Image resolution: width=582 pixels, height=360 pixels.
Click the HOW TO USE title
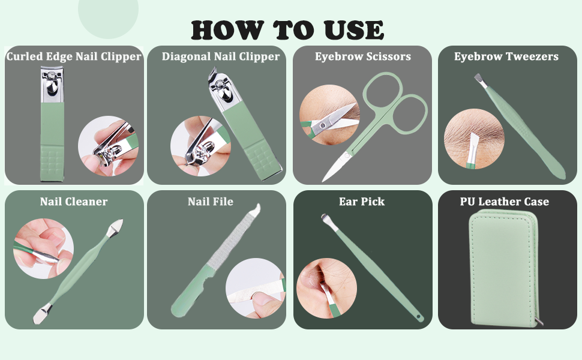click(287, 29)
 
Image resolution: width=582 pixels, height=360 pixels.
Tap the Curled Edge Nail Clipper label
click(74, 57)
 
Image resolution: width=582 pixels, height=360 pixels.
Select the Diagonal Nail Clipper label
click(220, 57)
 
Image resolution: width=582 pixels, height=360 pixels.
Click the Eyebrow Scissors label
click(362, 57)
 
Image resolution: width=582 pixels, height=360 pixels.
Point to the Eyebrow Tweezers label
click(506, 57)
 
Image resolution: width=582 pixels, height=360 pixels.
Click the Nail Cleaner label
click(74, 202)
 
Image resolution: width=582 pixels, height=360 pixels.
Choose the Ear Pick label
click(362, 202)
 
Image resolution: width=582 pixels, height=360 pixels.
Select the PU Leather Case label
click(505, 202)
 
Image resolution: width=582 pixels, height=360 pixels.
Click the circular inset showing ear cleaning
click(326, 288)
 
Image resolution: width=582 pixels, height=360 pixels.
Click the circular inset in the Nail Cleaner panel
click(43, 248)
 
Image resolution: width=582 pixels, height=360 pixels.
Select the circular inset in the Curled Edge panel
click(108, 146)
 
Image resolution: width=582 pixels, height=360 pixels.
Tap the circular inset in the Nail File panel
click(256, 288)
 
